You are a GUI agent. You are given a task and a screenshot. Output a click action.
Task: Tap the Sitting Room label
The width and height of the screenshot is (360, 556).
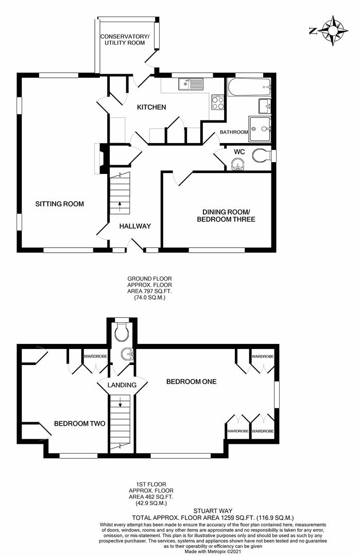[60, 204]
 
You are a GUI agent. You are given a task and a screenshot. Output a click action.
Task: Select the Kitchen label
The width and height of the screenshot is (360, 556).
[151, 107]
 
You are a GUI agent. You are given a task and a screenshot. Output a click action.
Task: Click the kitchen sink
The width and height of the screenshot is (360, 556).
[192, 84]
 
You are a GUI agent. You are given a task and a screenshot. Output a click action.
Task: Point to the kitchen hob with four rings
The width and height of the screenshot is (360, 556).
[218, 102]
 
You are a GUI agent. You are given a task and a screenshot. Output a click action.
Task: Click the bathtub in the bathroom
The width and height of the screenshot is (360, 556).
[250, 87]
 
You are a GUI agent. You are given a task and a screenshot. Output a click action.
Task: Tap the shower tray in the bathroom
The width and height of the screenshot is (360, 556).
[260, 129]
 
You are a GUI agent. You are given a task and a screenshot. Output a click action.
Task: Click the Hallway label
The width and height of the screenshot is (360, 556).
[135, 226]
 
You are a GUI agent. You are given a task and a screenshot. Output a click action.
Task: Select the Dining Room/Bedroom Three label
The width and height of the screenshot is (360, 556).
[226, 216]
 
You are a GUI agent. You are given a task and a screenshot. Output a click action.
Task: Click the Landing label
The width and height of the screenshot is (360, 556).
[122, 385]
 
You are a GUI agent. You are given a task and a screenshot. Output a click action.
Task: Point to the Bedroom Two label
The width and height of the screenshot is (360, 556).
[79, 423]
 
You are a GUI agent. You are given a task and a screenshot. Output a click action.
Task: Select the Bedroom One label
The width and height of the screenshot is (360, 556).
[192, 381]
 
